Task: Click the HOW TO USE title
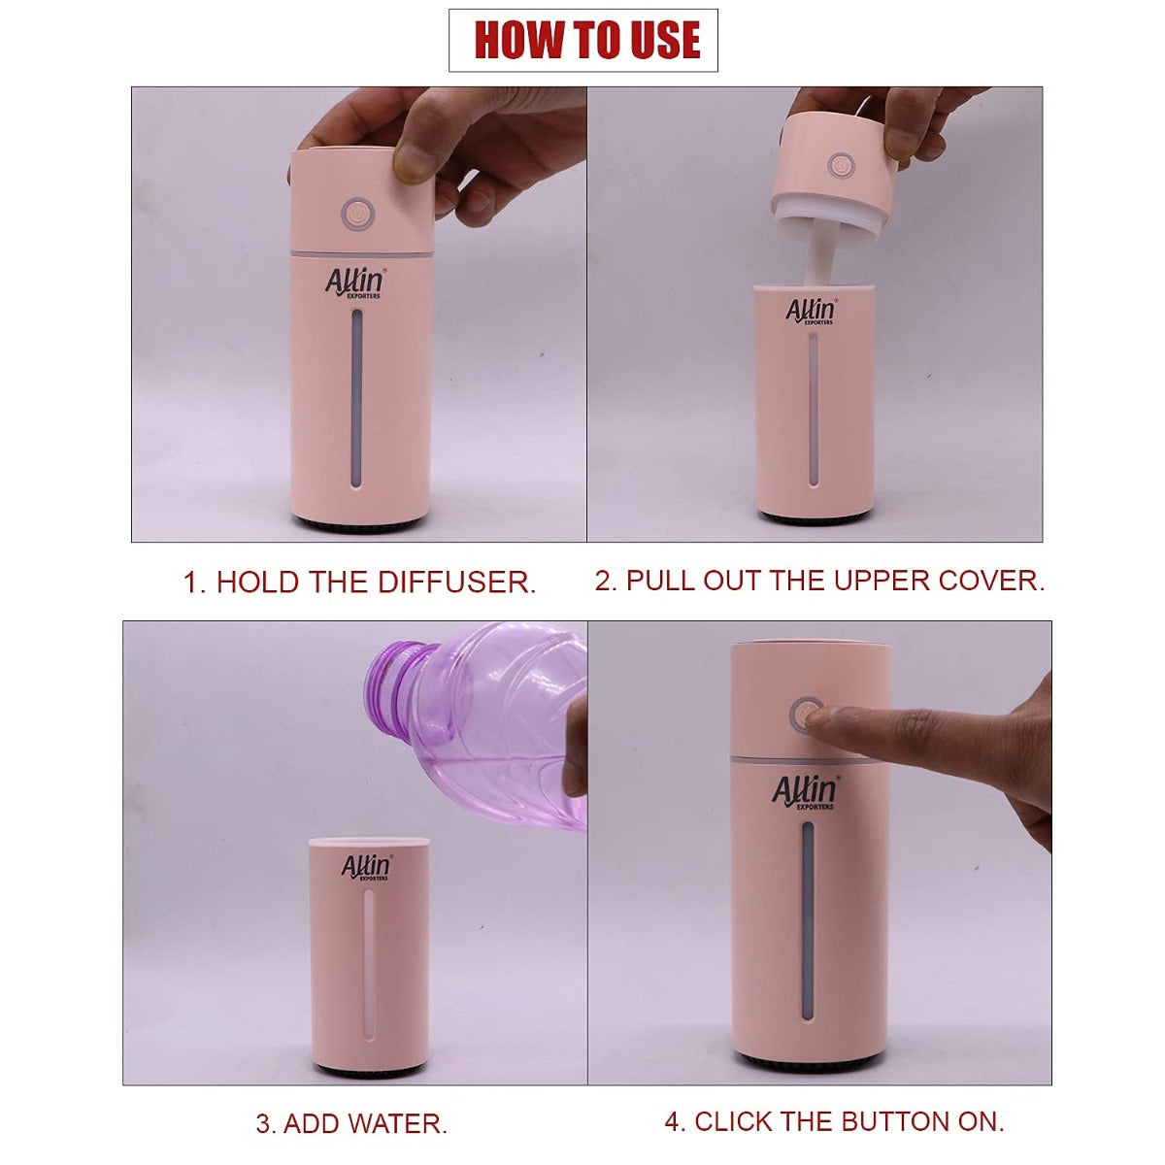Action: click(x=583, y=40)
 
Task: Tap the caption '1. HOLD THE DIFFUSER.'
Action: click(x=359, y=582)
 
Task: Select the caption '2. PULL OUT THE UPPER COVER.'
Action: click(x=819, y=581)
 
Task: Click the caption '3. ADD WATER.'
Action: click(x=351, y=1123)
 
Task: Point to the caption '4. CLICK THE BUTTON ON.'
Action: click(x=834, y=1120)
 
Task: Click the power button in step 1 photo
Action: click(x=357, y=213)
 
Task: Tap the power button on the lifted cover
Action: click(x=838, y=164)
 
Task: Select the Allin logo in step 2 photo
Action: click(x=810, y=311)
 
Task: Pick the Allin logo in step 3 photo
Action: click(x=367, y=866)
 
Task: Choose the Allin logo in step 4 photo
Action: click(x=805, y=792)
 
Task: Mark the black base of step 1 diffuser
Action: click(x=359, y=525)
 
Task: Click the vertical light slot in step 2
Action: click(x=812, y=408)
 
